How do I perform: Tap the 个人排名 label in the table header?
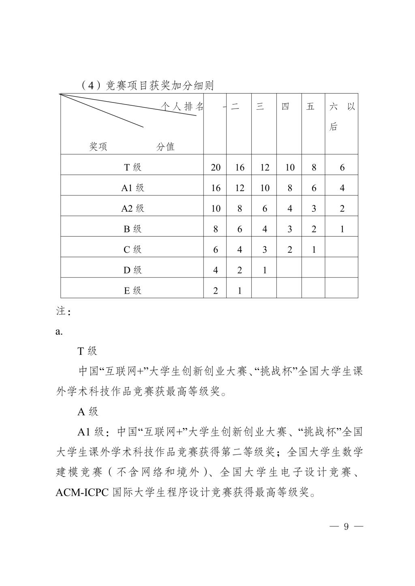click(x=182, y=107)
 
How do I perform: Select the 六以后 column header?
click(x=341, y=116)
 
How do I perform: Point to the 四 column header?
click(x=285, y=107)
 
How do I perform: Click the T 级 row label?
click(x=132, y=167)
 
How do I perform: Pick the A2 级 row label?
click(x=132, y=209)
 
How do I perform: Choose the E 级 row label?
click(x=132, y=290)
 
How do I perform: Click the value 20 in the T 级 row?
click(x=216, y=167)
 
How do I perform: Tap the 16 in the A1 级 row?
click(x=216, y=188)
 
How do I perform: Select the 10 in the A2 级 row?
click(x=216, y=209)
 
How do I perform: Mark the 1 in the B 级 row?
click(x=342, y=229)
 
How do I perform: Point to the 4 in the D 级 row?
click(x=216, y=270)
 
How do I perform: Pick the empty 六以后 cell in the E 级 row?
click(x=342, y=288)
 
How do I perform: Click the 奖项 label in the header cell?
click(x=98, y=147)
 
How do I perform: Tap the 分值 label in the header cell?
click(x=165, y=147)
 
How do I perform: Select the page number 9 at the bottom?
click(x=346, y=526)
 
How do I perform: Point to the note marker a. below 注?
click(x=59, y=331)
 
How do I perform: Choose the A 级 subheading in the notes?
click(x=88, y=412)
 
